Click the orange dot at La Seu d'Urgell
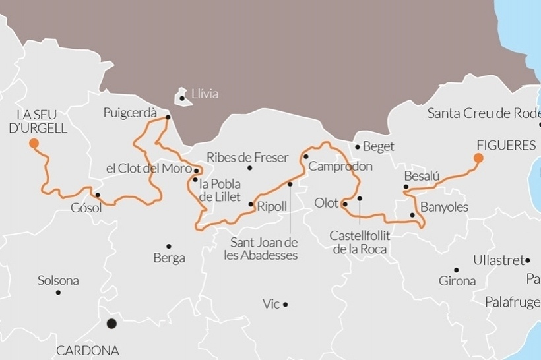coord(34,143)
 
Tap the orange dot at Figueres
coord(478,158)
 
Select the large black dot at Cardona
coord(111,324)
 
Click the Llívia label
coord(205,94)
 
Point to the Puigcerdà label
coord(130,113)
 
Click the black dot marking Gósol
coord(98,195)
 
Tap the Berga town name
coord(169,258)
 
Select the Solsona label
coord(58,281)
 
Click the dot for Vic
coord(285,305)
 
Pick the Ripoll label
coord(272,206)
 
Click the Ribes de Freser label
coord(247,158)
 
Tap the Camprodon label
coord(340,167)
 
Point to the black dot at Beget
coord(358,146)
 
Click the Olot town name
coord(326,203)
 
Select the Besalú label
coord(421,177)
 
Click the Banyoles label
coord(444,207)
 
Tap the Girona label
coord(457,281)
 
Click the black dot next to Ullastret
coord(527,260)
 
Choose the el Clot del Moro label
coord(148,169)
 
